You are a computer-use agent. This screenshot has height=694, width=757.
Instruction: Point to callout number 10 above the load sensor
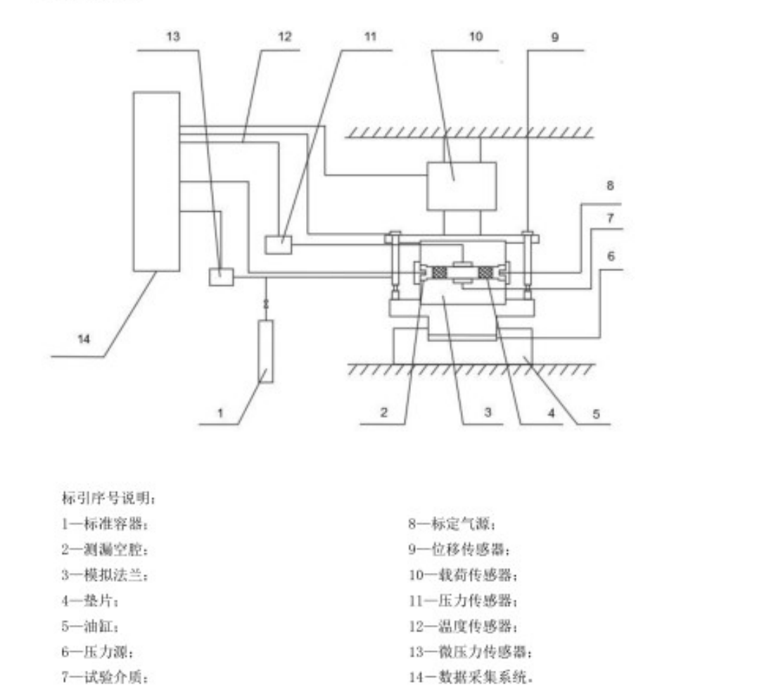coord(476,37)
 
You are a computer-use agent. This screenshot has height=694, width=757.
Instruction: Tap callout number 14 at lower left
coord(83,339)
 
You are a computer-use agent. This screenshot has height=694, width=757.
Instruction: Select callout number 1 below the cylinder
coord(220,413)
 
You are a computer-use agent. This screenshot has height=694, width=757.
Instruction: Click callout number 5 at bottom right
coord(595,414)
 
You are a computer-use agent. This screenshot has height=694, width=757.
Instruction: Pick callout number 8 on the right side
coord(610,186)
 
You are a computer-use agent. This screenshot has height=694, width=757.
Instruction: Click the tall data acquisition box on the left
coord(156,180)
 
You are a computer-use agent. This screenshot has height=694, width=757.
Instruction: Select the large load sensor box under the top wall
coord(462,186)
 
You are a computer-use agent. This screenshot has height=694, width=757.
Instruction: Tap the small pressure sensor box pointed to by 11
coord(279,244)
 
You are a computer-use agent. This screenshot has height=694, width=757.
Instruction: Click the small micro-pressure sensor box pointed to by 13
coord(220,277)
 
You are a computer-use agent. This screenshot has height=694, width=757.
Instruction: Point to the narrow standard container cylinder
coord(266,351)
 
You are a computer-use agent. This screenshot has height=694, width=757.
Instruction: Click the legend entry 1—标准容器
coord(105,524)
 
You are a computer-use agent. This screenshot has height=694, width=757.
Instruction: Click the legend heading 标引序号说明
coord(108,498)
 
